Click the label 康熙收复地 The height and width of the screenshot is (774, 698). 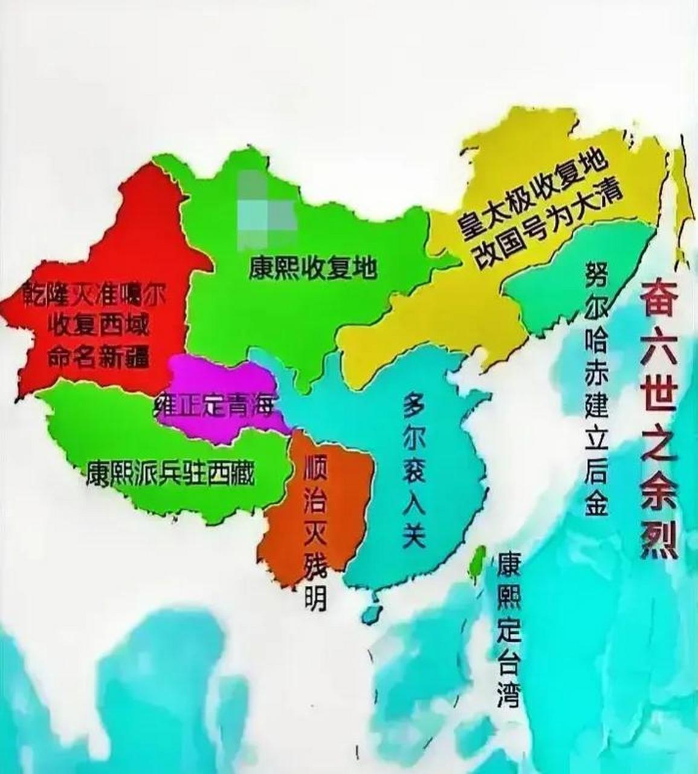tap(312, 267)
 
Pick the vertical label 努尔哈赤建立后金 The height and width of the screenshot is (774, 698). tap(596, 389)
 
